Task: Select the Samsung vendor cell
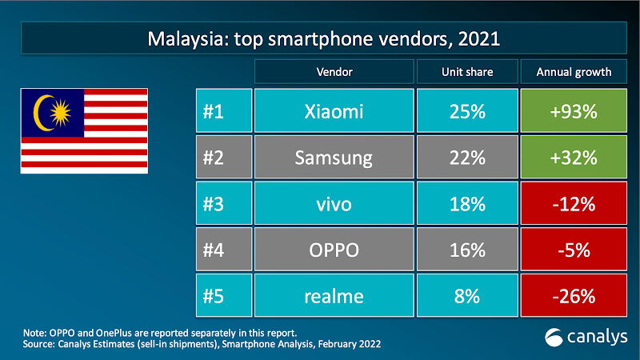[x=334, y=158]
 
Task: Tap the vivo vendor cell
[x=334, y=204]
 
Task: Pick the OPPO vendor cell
[x=334, y=250]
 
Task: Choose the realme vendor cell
[x=334, y=296]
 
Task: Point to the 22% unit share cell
[x=467, y=158]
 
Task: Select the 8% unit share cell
[x=467, y=296]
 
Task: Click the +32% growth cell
[x=573, y=158]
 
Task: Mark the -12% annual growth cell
[x=573, y=204]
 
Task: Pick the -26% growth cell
[x=573, y=296]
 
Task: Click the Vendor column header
[x=334, y=72]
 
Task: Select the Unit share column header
[x=467, y=72]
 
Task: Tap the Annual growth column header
[x=573, y=72]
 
